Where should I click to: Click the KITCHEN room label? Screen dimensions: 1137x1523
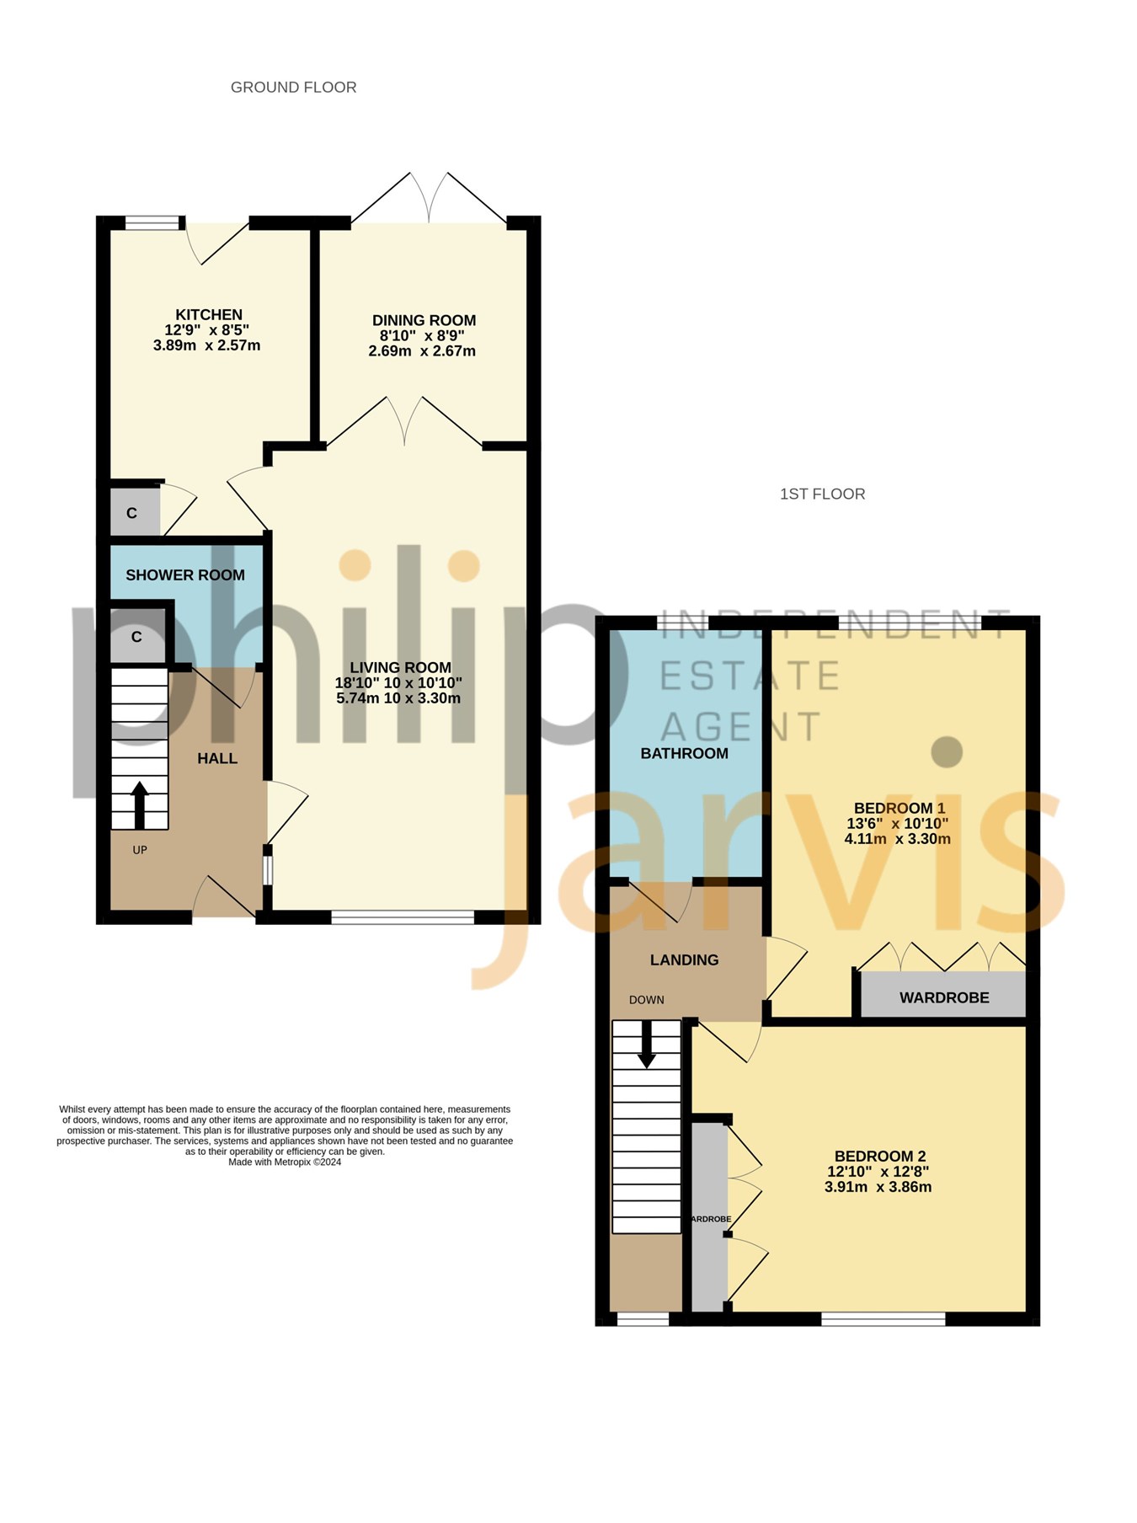[209, 315]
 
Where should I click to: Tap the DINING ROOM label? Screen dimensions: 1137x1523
[424, 320]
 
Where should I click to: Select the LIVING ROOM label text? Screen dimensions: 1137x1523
[400, 667]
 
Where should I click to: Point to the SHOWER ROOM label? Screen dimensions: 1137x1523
[185, 575]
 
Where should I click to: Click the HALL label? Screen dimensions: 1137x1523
[217, 758]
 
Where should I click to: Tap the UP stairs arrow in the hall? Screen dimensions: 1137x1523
[140, 806]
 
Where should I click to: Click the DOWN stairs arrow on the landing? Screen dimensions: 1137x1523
[646, 1045]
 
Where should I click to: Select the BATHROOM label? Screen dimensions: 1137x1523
[685, 753]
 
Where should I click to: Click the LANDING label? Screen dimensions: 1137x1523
[685, 959]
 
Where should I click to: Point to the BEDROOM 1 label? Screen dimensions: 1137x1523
[899, 808]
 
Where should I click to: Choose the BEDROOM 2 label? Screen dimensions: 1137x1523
[880, 1157]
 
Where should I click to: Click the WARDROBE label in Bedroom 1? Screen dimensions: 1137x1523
[944, 997]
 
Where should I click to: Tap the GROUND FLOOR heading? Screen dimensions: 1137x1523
[294, 88]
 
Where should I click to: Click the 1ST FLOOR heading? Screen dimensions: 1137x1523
[823, 494]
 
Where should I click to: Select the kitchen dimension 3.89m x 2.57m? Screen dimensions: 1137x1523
[207, 345]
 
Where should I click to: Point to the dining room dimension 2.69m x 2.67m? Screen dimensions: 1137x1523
[422, 350]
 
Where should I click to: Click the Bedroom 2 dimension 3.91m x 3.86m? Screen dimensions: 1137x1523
[878, 1187]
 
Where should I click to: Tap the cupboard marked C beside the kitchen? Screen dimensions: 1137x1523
[132, 513]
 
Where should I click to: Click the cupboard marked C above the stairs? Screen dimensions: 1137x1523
[137, 637]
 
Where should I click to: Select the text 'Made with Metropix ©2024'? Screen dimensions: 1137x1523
[285, 1162]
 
